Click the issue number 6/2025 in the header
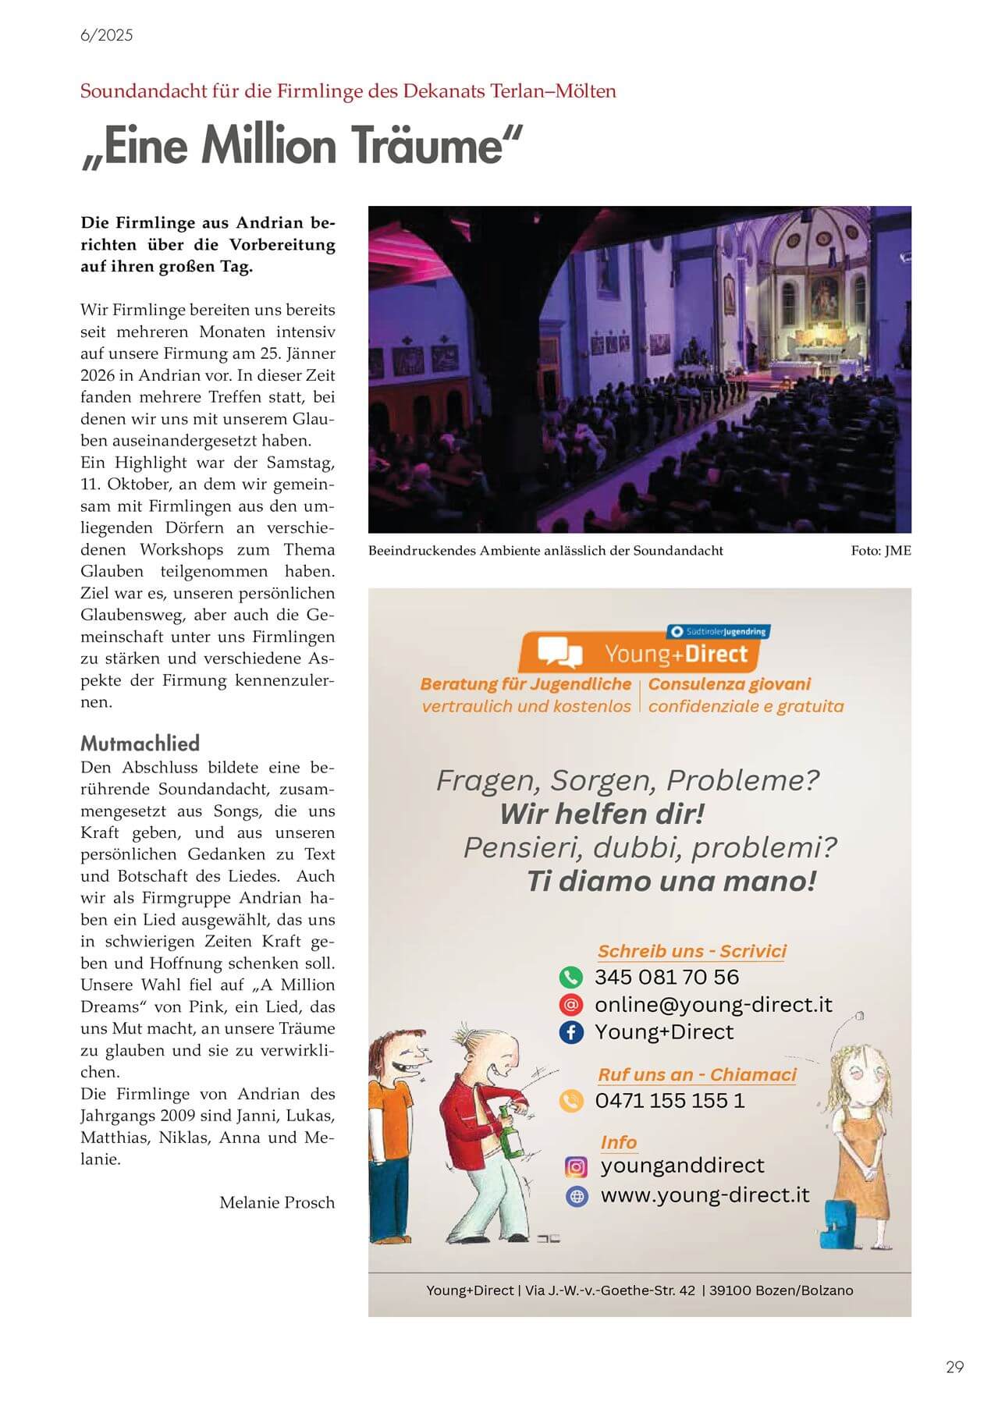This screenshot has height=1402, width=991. coord(106,35)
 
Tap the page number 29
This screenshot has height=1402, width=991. coord(954,1366)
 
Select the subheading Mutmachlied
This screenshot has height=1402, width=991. coord(140,743)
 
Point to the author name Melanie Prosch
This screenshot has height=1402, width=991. coord(276,1202)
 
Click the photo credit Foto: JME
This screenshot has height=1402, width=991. coord(880,550)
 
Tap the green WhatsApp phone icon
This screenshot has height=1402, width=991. coord(570,977)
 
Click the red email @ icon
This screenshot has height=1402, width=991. coord(570,1004)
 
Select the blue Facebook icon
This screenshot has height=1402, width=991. coord(570,1031)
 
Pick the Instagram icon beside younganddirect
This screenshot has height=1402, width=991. coord(576,1166)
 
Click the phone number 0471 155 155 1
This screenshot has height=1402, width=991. coord(670,1100)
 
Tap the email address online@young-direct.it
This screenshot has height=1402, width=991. coord(713,1004)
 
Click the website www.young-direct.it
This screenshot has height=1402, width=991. coord(705,1194)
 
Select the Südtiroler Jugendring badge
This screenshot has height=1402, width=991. coord(718,631)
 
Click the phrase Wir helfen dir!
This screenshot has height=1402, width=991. coord(602,814)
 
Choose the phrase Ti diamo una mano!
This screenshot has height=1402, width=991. coord(671,881)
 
